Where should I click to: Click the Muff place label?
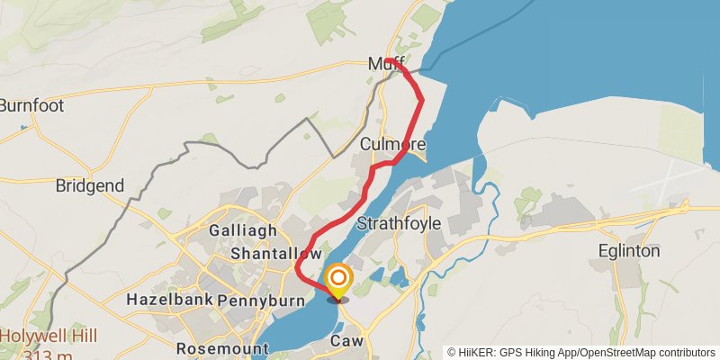click(386, 64)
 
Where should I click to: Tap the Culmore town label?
click(391, 144)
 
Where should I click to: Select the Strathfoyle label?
click(400, 222)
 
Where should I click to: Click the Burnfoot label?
click(31, 105)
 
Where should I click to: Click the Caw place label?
click(346, 341)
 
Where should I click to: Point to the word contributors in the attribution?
click(684, 353)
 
